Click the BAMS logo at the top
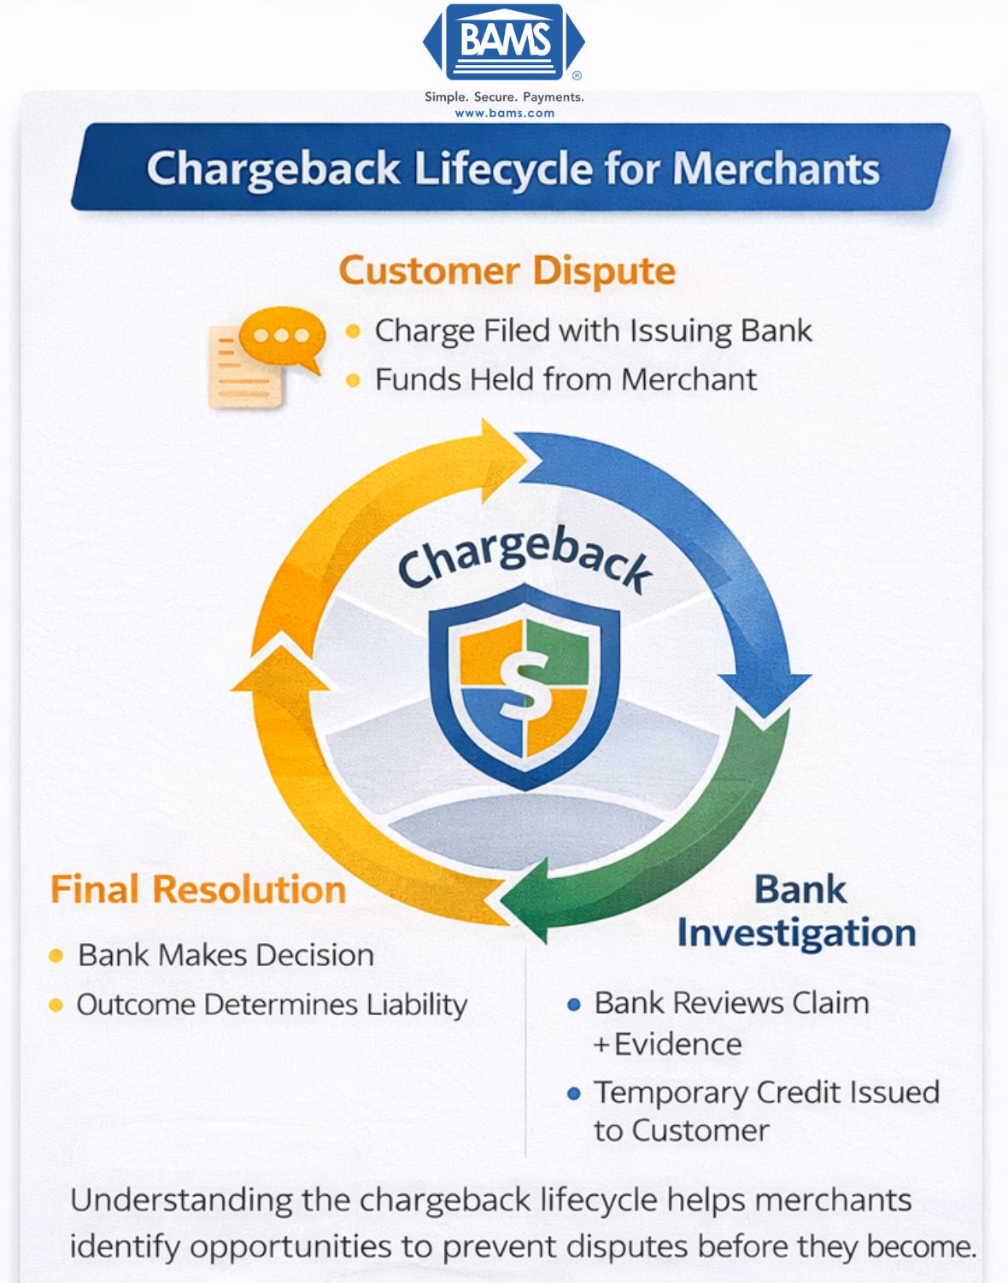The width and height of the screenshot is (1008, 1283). click(x=504, y=42)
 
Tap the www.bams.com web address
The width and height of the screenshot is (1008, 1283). click(x=504, y=113)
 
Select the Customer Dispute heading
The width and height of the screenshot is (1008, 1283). click(x=507, y=271)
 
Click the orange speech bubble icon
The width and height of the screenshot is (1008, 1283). click(x=282, y=338)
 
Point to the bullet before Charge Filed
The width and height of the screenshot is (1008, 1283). click(x=353, y=331)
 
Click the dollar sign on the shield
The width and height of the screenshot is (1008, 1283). click(x=524, y=683)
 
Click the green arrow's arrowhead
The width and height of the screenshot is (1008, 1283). click(x=525, y=901)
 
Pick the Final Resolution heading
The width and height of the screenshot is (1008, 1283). click(x=198, y=889)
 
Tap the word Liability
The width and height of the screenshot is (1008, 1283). click(x=417, y=1005)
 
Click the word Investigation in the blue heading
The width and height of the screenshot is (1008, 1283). click(x=796, y=933)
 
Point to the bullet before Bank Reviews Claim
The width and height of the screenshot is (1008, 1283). click(x=574, y=1005)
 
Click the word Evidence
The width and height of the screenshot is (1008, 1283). click(x=678, y=1045)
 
